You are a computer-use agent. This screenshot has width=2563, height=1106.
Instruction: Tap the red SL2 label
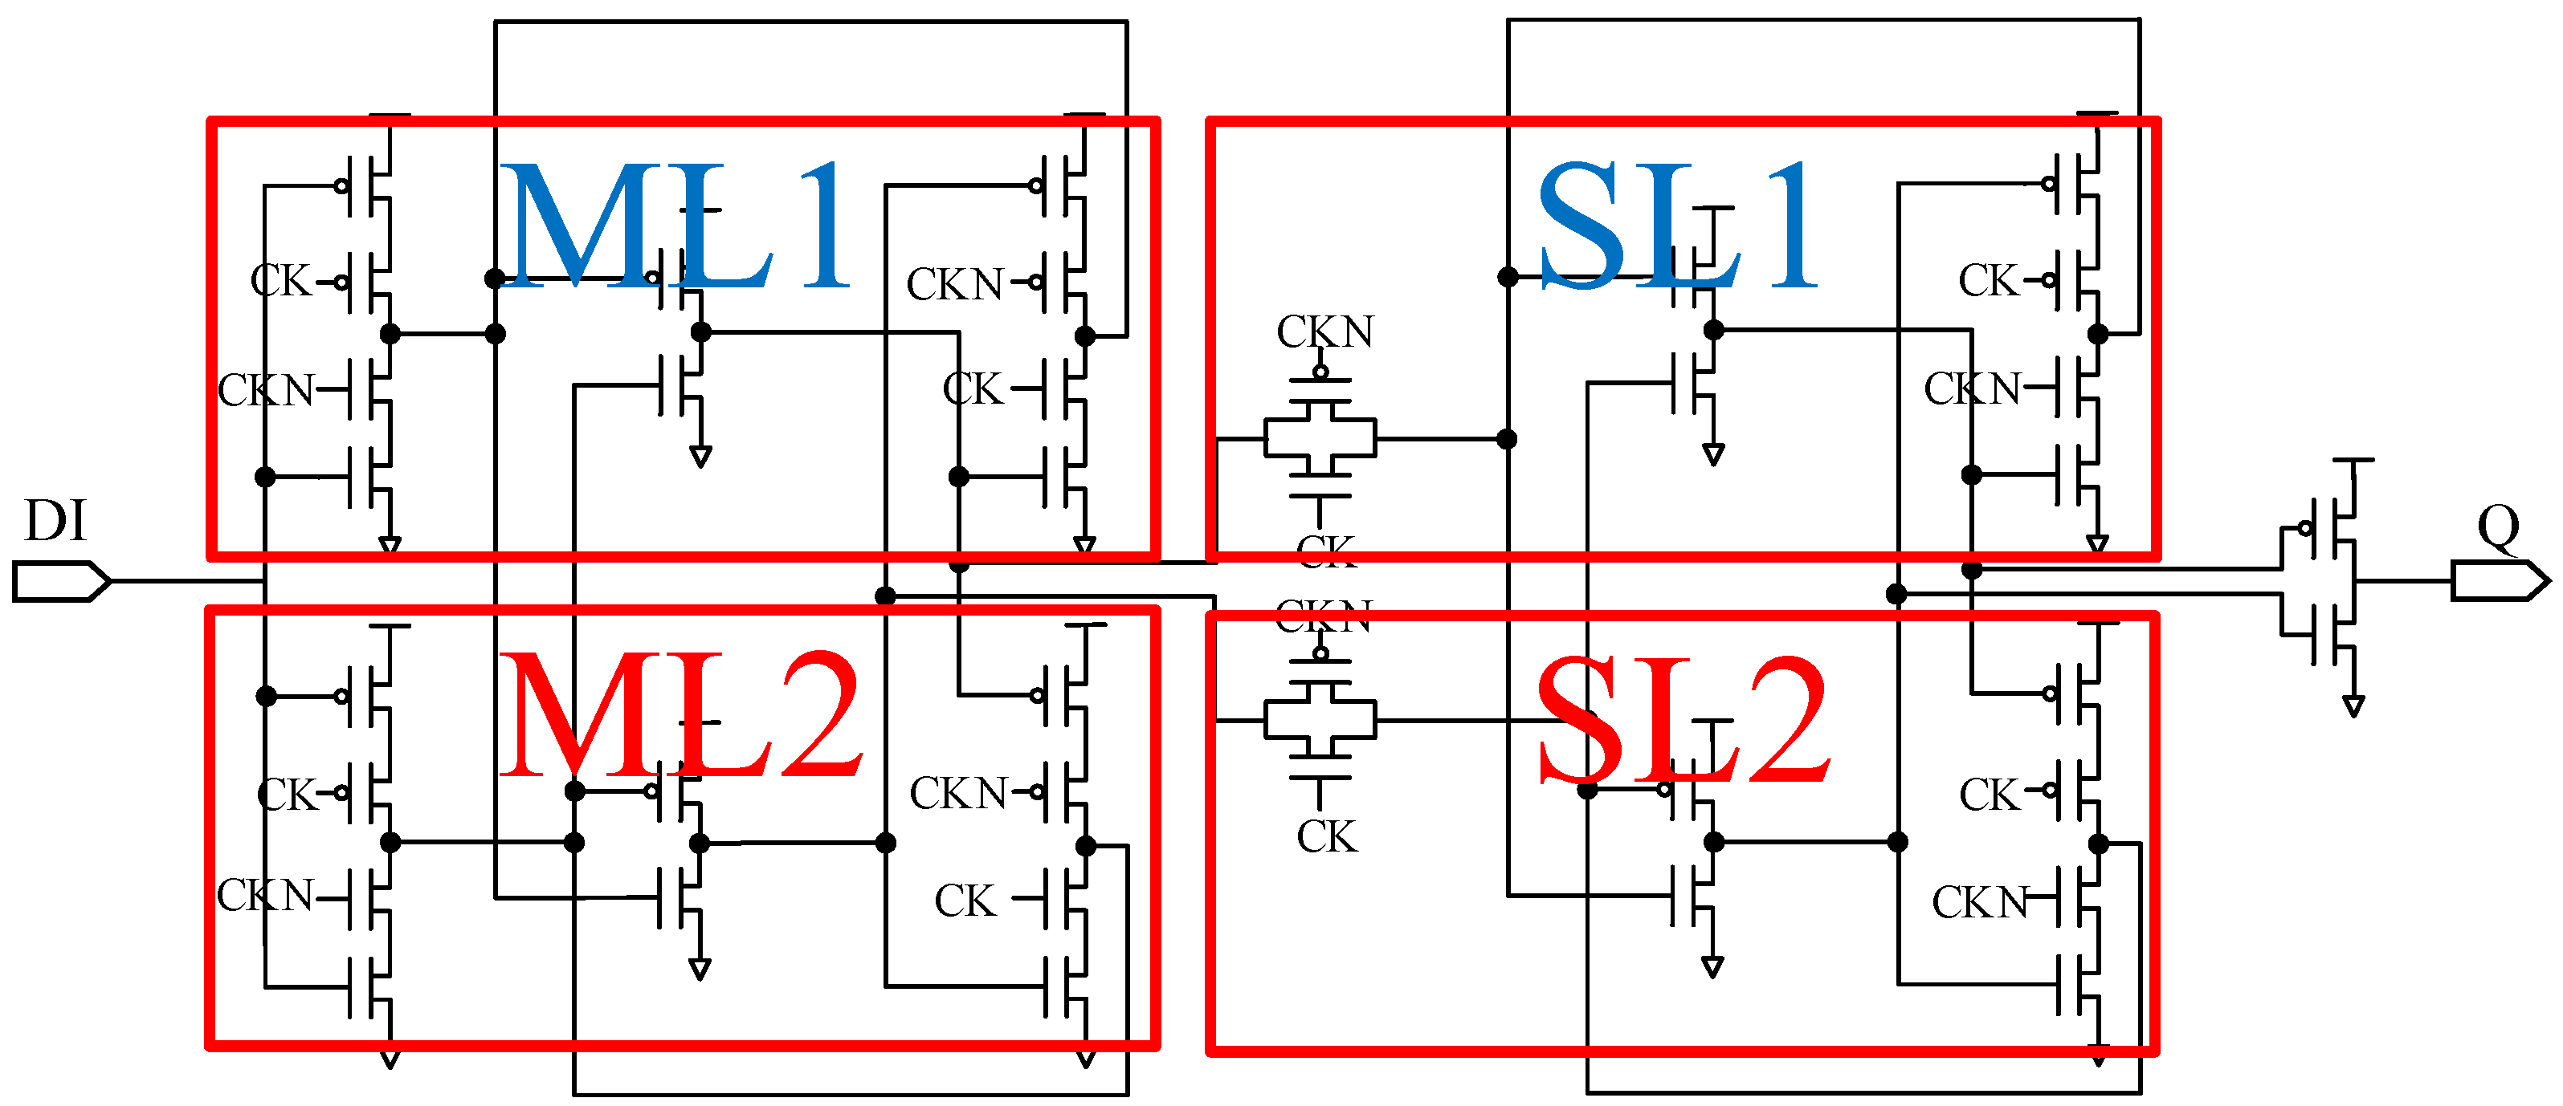coord(1681,720)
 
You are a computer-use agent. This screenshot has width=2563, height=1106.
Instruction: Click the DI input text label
coord(55,521)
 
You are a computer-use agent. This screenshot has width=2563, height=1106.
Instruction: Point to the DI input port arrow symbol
coord(59,581)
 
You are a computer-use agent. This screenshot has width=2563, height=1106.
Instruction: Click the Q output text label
coord(2497,527)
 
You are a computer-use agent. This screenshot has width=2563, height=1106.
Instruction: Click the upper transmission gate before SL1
coord(1320,437)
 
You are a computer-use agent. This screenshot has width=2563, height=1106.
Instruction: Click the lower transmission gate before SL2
coord(1320,719)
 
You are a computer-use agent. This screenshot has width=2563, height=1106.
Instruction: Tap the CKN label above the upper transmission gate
coord(1324,331)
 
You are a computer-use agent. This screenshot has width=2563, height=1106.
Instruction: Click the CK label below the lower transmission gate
coord(1325,836)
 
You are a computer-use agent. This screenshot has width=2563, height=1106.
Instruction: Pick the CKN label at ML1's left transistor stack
coord(265,390)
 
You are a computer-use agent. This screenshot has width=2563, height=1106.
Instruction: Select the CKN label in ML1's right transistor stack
coord(954,284)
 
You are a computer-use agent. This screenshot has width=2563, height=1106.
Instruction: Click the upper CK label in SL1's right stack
coord(1988,280)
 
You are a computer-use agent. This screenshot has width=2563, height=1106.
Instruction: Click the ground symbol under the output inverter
coord(2353,706)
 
